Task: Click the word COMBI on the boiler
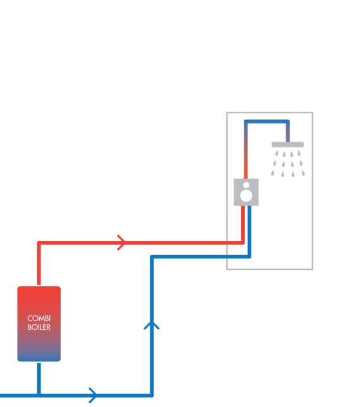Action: tap(39, 319)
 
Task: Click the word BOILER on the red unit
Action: tap(39, 327)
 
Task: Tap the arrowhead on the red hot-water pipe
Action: tap(121, 243)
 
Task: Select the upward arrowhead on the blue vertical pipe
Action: tap(152, 325)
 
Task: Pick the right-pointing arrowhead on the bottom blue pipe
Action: tap(93, 396)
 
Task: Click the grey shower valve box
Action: tap(246, 192)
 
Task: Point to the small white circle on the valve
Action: tap(246, 185)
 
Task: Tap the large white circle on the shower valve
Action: tap(246, 195)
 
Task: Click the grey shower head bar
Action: tap(287, 145)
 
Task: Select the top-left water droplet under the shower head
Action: tap(277, 153)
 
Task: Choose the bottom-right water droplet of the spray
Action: tap(303, 173)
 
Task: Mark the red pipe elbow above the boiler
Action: tap(39, 243)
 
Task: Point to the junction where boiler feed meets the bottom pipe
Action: tap(39, 396)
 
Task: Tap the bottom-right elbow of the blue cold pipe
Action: tap(152, 396)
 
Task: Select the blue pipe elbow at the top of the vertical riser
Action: tap(152, 257)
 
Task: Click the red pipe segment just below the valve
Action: tap(243, 223)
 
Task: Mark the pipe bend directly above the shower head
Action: tap(287, 121)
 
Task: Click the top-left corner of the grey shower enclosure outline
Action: tap(227, 112)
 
